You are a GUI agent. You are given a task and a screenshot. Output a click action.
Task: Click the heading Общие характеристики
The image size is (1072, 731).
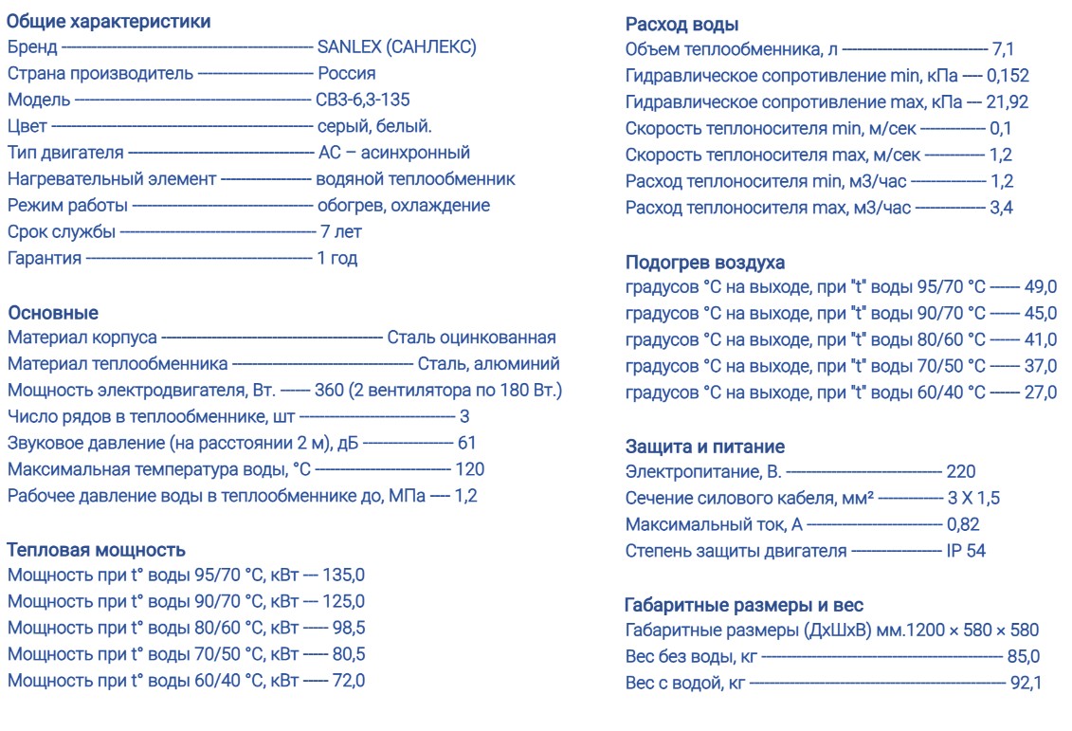pyautogui.click(x=108, y=21)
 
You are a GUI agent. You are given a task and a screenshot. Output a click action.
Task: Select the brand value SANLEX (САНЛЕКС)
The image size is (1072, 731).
pyautogui.click(x=396, y=47)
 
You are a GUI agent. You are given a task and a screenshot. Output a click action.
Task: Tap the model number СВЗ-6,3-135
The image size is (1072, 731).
pyautogui.click(x=363, y=100)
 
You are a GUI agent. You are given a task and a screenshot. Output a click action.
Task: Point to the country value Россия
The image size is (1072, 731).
pyautogui.click(x=346, y=73)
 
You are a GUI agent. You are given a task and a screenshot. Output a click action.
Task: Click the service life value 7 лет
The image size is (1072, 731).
pyautogui.click(x=340, y=231)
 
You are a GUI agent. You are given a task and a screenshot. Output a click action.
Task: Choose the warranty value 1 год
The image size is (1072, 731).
pyautogui.click(x=336, y=258)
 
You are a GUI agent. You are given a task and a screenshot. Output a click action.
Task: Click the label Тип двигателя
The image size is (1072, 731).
pyautogui.click(x=65, y=153)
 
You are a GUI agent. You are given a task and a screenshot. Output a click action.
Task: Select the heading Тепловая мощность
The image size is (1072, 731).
pyautogui.click(x=96, y=550)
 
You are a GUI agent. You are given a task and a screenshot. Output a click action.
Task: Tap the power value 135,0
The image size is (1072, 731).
pyautogui.click(x=343, y=575)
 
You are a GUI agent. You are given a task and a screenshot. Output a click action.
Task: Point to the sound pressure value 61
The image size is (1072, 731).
pyautogui.click(x=466, y=443)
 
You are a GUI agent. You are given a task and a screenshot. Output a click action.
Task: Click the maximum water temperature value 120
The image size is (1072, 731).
pyautogui.click(x=469, y=469)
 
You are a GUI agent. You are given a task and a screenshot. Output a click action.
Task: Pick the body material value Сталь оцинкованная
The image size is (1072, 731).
pyautogui.click(x=471, y=338)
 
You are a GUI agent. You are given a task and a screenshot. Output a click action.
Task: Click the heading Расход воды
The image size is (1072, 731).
pyautogui.click(x=682, y=25)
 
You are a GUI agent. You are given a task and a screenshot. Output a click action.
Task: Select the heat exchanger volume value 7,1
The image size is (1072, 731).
pyautogui.click(x=1003, y=49)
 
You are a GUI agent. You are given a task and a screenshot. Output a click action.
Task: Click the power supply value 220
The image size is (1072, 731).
pyautogui.click(x=960, y=471)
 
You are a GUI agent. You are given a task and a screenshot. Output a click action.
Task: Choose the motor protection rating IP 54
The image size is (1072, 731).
pyautogui.click(x=966, y=551)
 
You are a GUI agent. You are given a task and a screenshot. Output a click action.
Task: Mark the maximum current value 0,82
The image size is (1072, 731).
pyautogui.click(x=962, y=524)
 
